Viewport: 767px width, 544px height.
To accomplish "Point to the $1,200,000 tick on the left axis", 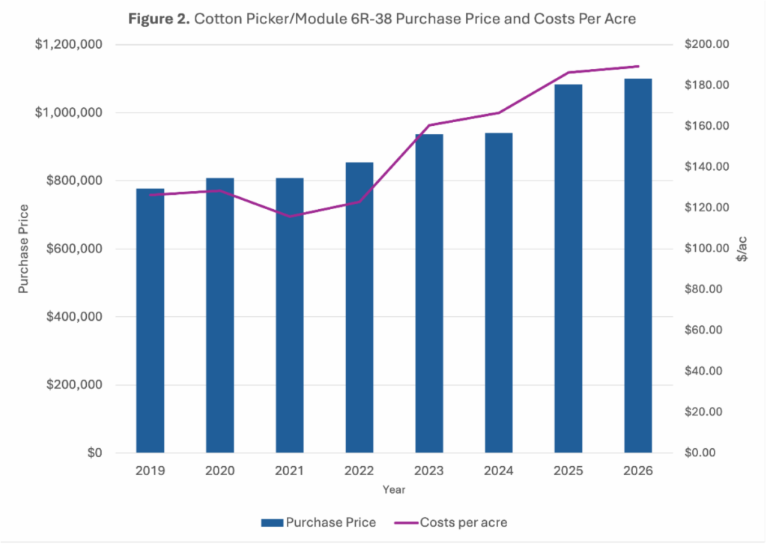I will pyautogui.click(x=70, y=45).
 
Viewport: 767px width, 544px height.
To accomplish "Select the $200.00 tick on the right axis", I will pyautogui.click(x=706, y=45).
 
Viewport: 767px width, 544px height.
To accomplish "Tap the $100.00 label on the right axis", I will pyautogui.click(x=706, y=249).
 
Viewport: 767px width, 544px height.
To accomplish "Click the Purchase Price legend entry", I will pyautogui.click(x=318, y=522).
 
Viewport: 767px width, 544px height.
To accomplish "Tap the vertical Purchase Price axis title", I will pyautogui.click(x=24, y=249).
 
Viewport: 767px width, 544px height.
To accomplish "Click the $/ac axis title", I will pyautogui.click(x=742, y=249).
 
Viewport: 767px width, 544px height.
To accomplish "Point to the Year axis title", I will pyautogui.click(x=394, y=489).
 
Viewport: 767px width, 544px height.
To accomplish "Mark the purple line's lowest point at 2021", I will pyautogui.click(x=289, y=217).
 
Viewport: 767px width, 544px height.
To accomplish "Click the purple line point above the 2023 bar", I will pyautogui.click(x=429, y=125).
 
